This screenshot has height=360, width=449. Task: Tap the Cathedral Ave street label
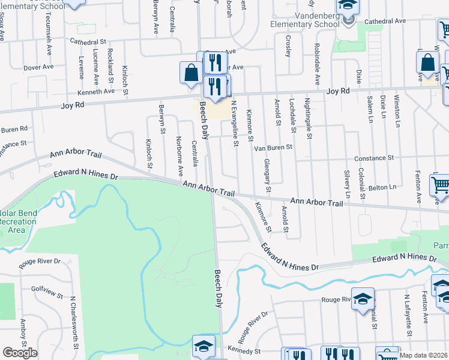[385, 21]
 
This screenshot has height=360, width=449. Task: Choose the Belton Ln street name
[384, 187]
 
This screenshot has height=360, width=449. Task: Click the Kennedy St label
[243, 350]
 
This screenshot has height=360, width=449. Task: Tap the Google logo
[20, 353]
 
